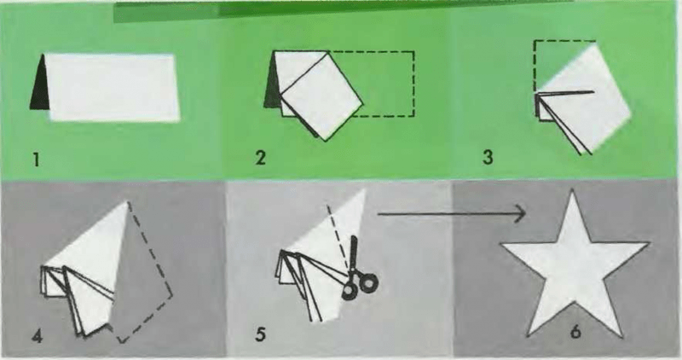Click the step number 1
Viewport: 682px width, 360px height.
click(37, 160)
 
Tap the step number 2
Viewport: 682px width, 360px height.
click(260, 158)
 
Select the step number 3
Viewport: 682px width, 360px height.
click(488, 157)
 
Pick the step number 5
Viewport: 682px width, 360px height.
click(260, 334)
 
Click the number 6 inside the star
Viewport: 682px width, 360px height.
click(575, 332)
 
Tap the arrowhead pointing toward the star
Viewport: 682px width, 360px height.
click(520, 214)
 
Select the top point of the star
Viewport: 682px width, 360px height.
click(572, 190)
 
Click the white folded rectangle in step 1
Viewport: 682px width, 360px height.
click(113, 87)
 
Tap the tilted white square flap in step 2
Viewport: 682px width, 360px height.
click(322, 96)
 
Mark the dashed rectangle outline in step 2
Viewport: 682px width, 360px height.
click(413, 84)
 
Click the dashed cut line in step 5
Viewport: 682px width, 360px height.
click(338, 238)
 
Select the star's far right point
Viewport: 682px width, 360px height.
click(647, 244)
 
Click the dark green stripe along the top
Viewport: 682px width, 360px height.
click(344, 9)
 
